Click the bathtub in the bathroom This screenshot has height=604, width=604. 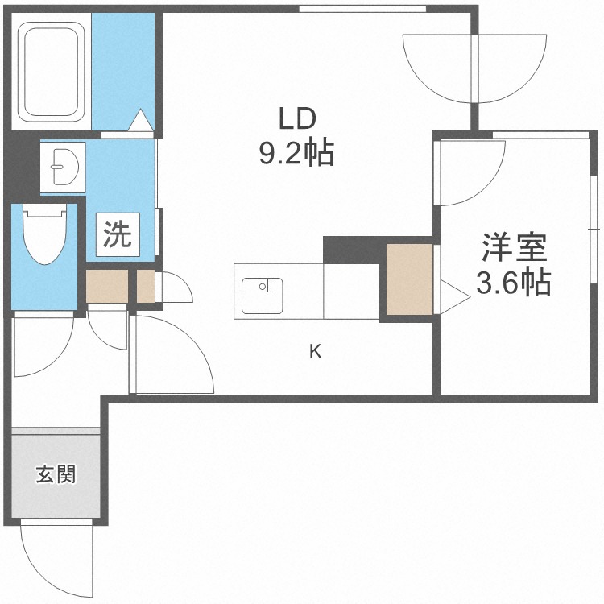coord(52,71)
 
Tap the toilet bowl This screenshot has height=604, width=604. coord(44,234)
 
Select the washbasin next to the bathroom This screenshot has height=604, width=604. coord(63,168)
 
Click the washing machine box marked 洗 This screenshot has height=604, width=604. coord(118,234)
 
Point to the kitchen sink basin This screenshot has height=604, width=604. coord(263,296)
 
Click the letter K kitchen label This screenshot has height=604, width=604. coord(316,351)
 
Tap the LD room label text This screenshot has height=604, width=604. coord(297,119)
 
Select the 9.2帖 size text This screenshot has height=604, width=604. coord(296,153)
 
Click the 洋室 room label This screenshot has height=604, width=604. coord(514,247)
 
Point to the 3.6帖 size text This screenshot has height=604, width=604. coord(513,283)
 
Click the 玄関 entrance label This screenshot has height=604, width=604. coord(56,474)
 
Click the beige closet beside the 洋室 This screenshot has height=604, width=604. coord(409,279)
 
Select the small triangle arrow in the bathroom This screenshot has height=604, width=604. coord(141,120)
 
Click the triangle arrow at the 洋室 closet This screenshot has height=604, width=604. coord(455,296)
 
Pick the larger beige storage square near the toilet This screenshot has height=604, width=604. coord(106,286)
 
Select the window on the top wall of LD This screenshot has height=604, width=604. coord(362,9)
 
